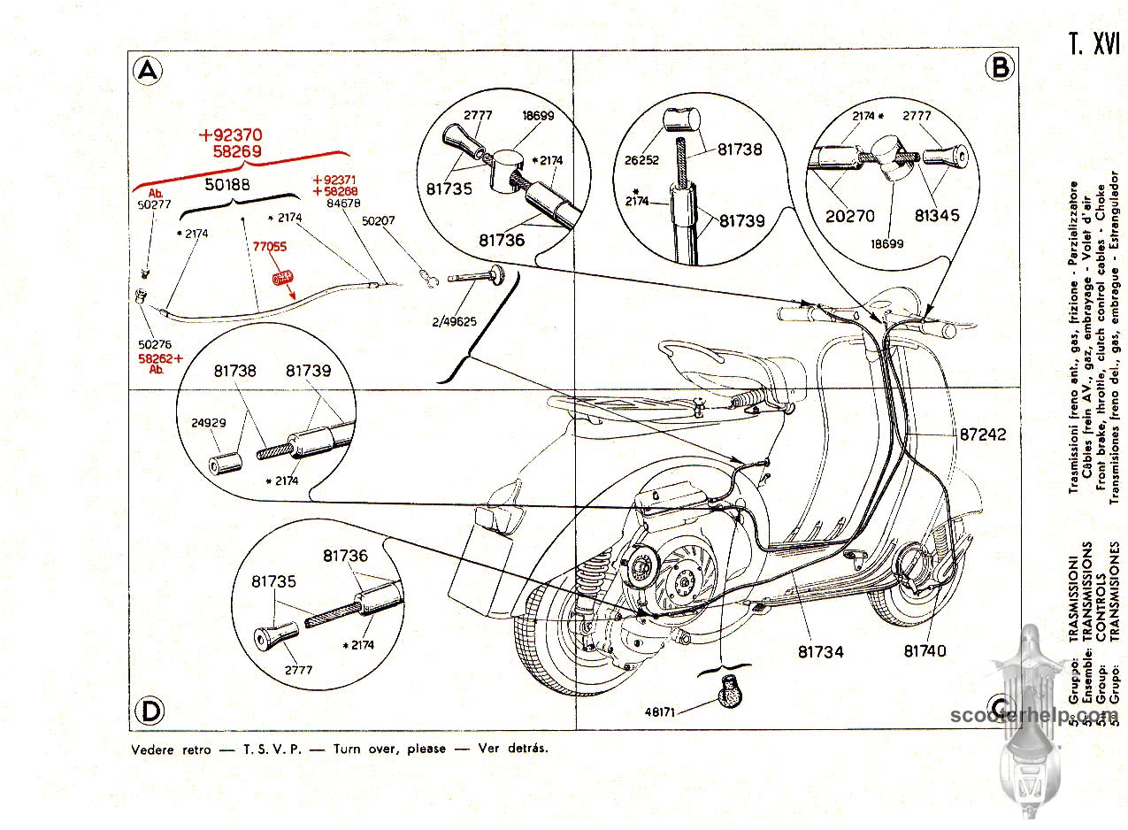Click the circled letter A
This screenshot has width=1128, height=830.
[147, 70]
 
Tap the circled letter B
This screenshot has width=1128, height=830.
[1000, 66]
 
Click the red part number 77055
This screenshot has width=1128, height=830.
[269, 249]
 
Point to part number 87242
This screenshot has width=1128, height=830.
[981, 435]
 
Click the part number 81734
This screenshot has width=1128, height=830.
[820, 651]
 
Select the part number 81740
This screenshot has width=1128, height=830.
[925, 650]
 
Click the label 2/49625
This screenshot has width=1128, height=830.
[456, 321]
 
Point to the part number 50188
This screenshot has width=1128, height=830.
[228, 186]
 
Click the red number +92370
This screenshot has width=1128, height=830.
[231, 135]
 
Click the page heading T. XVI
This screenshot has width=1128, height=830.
[1094, 44]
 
